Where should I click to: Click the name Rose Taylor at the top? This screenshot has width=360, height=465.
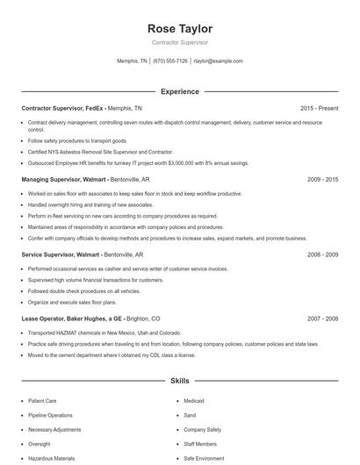tap(180, 29)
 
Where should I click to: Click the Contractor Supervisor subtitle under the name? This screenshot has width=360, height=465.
tap(180, 43)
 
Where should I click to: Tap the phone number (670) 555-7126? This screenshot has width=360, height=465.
tap(170, 61)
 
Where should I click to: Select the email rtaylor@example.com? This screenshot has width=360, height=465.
tap(218, 61)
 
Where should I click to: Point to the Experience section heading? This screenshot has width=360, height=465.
tap(180, 91)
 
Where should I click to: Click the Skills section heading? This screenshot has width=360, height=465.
tap(180, 382)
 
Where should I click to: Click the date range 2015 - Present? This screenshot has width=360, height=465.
tap(319, 108)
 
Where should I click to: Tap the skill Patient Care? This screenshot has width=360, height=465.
tap(43, 401)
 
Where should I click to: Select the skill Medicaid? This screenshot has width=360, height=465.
tap(193, 401)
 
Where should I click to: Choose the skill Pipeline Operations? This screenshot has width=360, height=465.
tap(50, 415)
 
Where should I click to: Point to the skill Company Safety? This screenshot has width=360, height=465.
tap(202, 430)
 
